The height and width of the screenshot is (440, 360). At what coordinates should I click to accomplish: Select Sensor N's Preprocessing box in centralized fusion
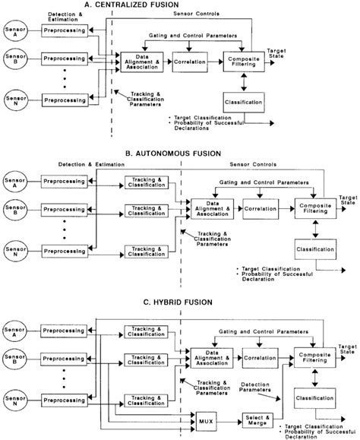(x=65, y=99)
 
